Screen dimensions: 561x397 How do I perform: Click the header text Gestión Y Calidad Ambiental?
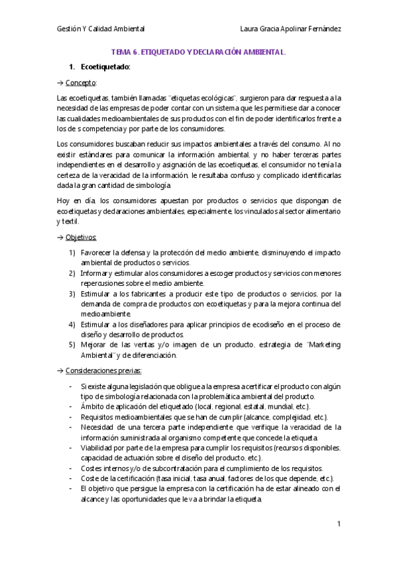[x=101, y=29]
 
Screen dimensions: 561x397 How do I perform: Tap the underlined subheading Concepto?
[x=81, y=83]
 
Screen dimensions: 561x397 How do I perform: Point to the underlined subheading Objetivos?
[x=82, y=237]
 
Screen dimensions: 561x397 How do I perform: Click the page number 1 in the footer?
[x=338, y=524]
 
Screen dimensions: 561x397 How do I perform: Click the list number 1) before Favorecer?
[x=72, y=253]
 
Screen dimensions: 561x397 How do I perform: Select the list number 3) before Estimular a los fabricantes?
[x=72, y=294]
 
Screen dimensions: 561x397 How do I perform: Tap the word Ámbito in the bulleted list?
[x=92, y=406]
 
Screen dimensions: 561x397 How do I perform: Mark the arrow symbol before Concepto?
[x=60, y=83]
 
